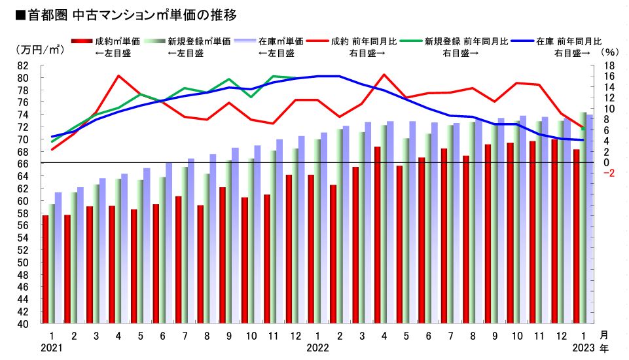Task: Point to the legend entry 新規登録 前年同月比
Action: click(x=465, y=41)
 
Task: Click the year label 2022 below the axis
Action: click(x=317, y=347)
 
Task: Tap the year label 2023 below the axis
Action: click(x=583, y=347)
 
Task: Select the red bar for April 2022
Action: click(x=378, y=236)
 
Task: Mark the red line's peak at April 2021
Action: click(x=118, y=76)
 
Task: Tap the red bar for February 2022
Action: click(x=333, y=255)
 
